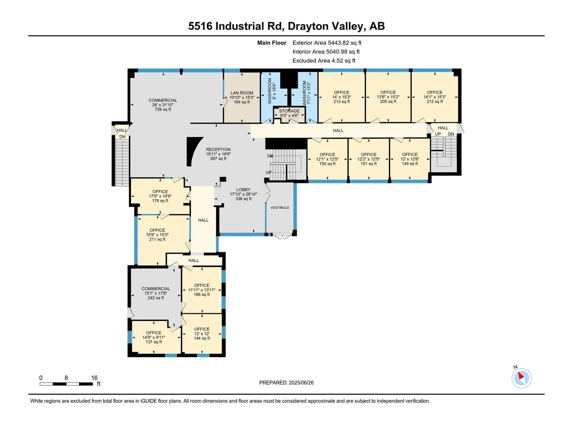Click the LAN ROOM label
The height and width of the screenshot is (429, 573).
[x=242, y=93]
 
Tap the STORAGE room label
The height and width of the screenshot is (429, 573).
[x=289, y=111]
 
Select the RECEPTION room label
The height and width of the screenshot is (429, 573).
[x=218, y=149]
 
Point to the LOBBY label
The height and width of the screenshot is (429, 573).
[x=243, y=189]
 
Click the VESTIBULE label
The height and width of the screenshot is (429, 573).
[x=280, y=208]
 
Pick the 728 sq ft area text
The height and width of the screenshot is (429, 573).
[x=163, y=109]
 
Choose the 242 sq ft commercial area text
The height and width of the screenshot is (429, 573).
[x=156, y=298]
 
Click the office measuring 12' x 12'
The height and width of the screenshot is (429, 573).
[x=202, y=334]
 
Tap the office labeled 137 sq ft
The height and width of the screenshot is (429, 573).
[x=154, y=337]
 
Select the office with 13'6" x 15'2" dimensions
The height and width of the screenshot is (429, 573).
[x=388, y=97]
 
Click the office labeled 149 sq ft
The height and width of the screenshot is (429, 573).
[x=410, y=159]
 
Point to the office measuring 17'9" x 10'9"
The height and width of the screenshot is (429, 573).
[x=160, y=196]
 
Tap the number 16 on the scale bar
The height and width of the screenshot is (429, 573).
[x=94, y=378]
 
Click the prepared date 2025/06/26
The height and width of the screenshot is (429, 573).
[x=301, y=383]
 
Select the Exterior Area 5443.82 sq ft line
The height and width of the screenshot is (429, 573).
[x=327, y=43]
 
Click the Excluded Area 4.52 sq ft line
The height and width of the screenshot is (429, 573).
[x=324, y=61]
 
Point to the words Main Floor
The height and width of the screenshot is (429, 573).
[x=272, y=43]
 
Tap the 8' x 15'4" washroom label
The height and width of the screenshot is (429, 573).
[x=272, y=91]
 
